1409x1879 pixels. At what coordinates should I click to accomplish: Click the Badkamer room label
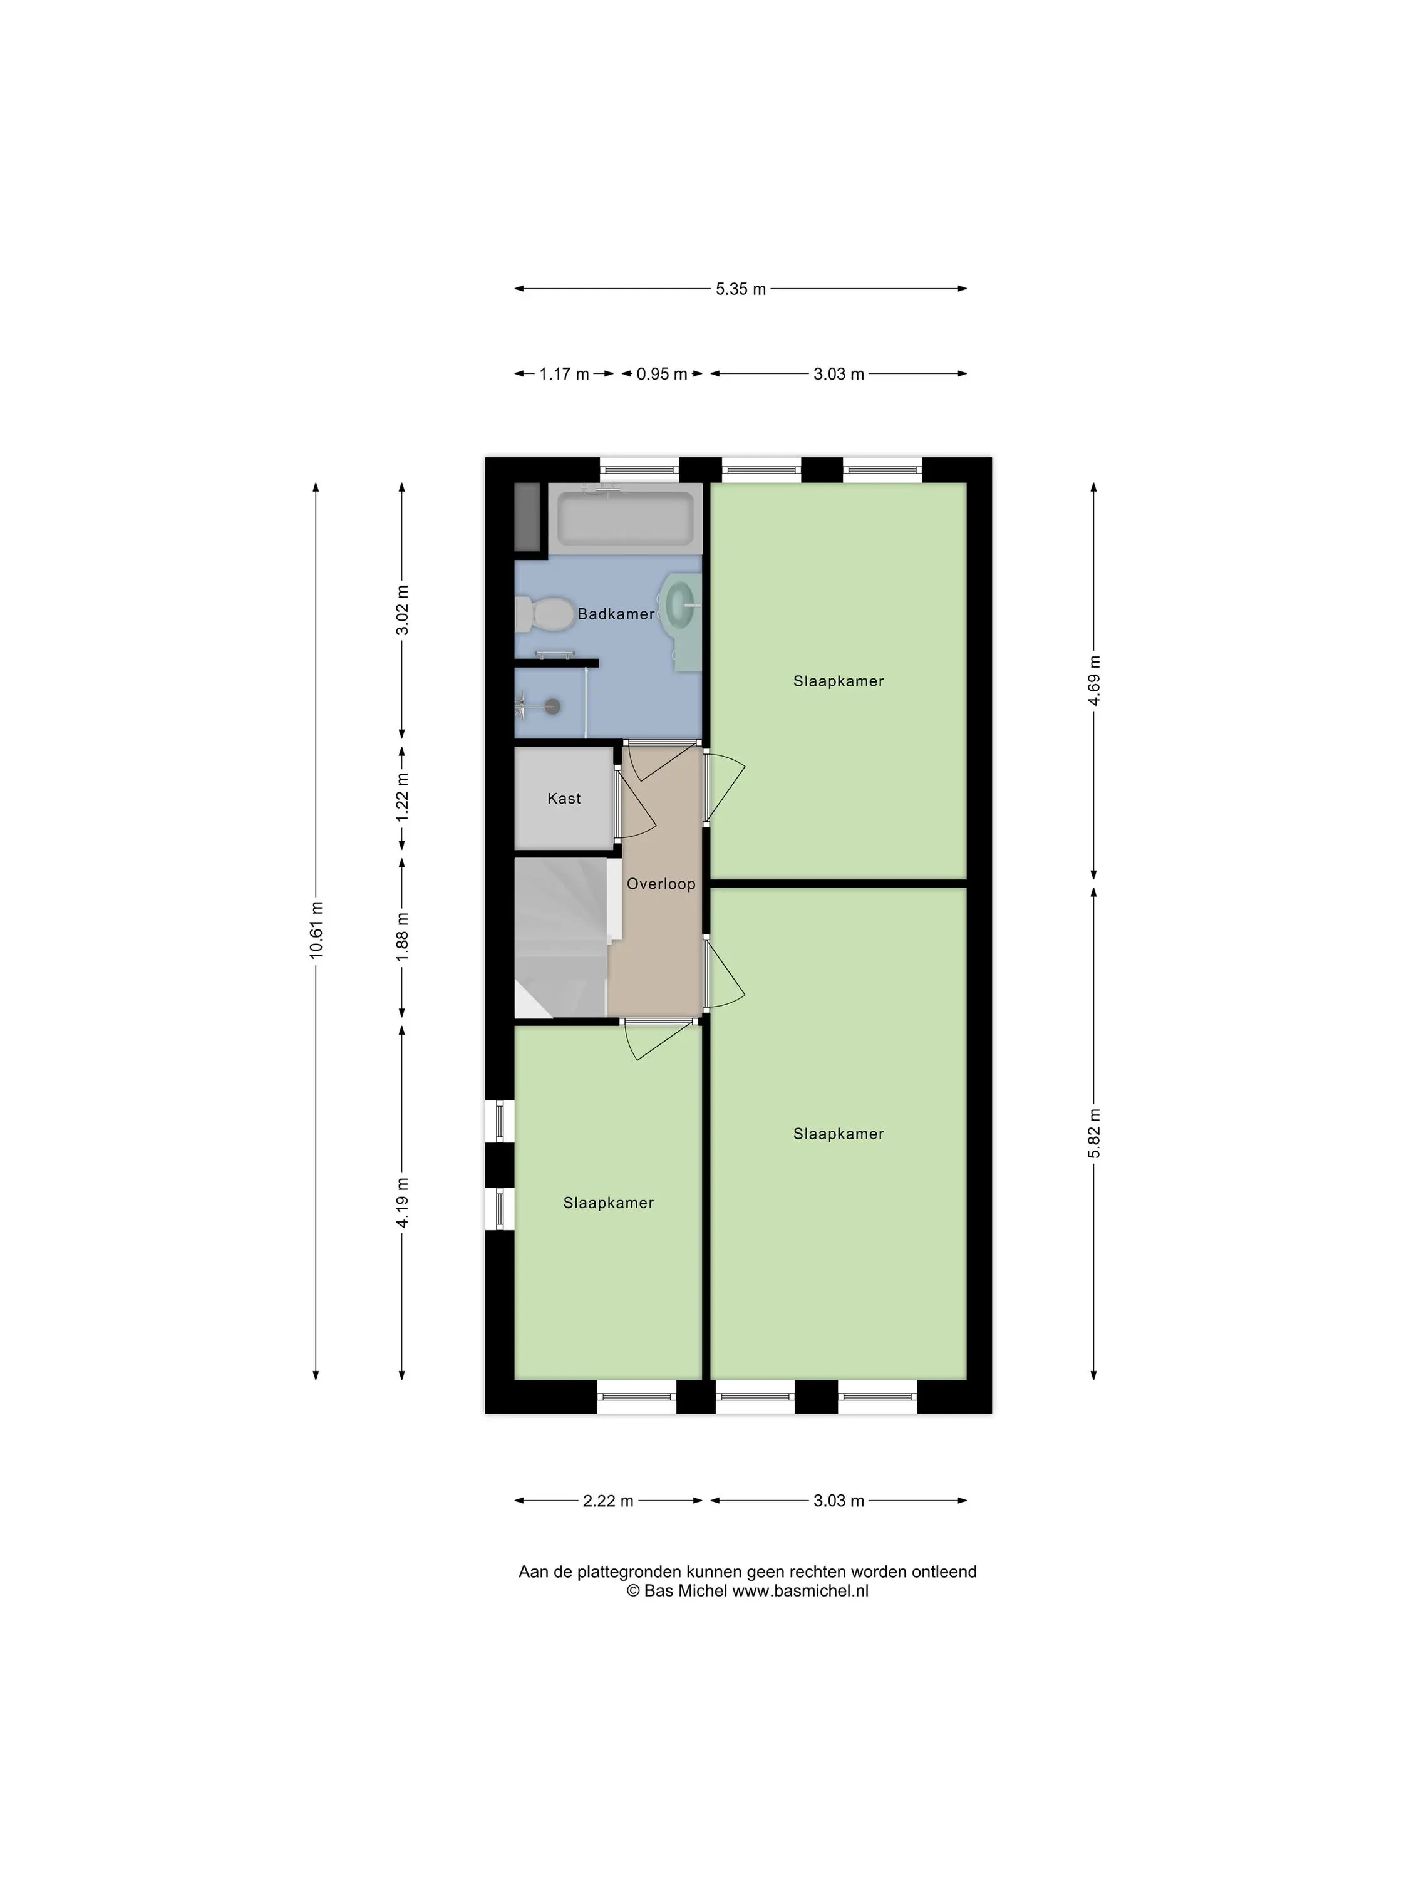pyautogui.click(x=616, y=613)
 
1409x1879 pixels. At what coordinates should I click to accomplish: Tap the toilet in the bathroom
pyautogui.click(x=544, y=613)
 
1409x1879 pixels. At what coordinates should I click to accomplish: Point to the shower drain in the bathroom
pyautogui.click(x=553, y=704)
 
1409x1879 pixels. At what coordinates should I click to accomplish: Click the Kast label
pyautogui.click(x=564, y=798)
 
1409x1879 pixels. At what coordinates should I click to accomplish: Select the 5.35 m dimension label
pyautogui.click(x=741, y=289)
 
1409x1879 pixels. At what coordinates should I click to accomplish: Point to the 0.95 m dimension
pyautogui.click(x=662, y=374)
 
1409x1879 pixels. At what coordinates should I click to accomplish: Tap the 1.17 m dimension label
pyautogui.click(x=564, y=374)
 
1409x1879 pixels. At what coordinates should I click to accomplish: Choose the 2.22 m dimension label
pyautogui.click(x=608, y=1501)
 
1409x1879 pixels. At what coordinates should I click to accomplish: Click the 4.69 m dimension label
pyautogui.click(x=1095, y=680)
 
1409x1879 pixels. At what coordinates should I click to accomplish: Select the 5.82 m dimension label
pyautogui.click(x=1095, y=1133)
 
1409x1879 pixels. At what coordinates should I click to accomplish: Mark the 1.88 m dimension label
pyautogui.click(x=403, y=937)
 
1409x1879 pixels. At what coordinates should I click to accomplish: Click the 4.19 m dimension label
pyautogui.click(x=403, y=1202)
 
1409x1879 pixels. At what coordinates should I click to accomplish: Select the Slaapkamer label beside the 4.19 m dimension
pyautogui.click(x=608, y=1202)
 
